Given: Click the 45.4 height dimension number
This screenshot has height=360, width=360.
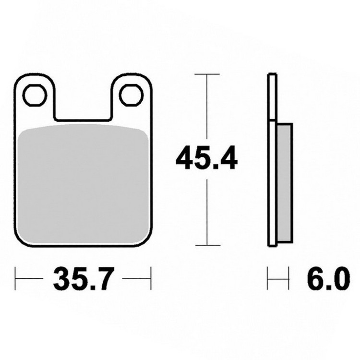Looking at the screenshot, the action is click(x=206, y=158).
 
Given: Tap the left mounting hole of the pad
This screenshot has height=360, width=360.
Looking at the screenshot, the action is click(x=36, y=96).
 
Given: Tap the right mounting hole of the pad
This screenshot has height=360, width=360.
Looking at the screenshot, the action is click(x=132, y=96).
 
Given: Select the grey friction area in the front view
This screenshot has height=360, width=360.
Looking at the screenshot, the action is click(x=83, y=184).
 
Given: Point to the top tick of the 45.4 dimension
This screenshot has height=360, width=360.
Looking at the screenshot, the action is click(x=207, y=74).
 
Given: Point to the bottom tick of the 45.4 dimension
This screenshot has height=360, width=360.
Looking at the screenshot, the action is click(x=208, y=245).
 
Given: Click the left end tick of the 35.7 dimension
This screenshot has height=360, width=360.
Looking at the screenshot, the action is click(x=15, y=278).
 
